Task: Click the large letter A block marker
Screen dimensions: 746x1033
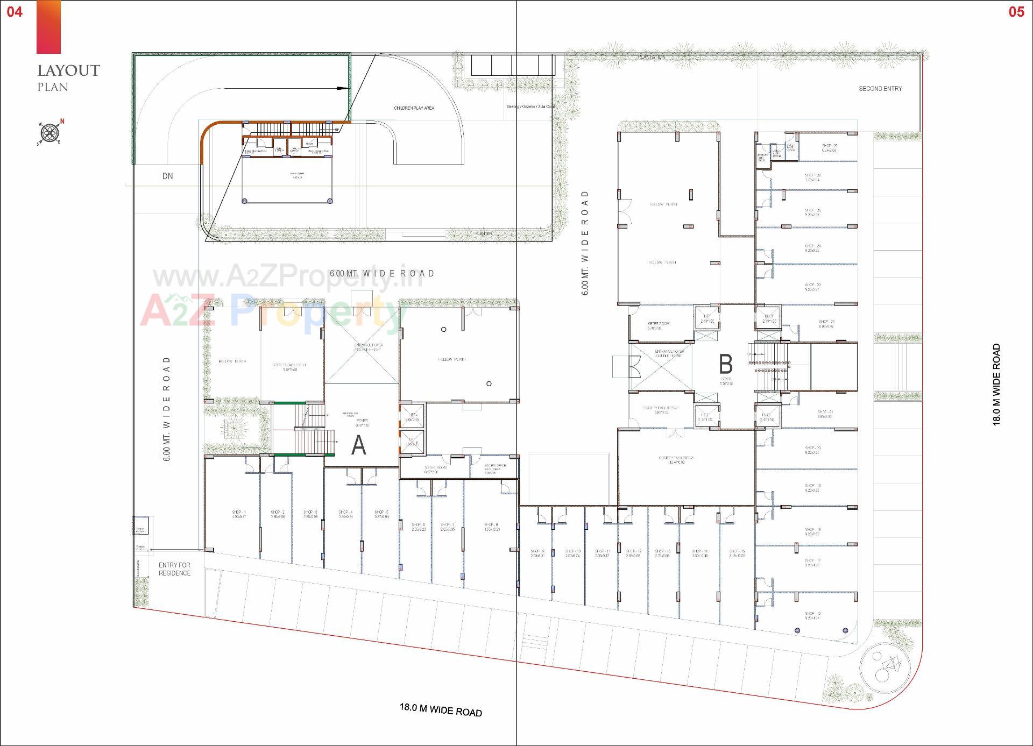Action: pos(358,446)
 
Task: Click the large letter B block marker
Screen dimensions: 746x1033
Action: pos(725,364)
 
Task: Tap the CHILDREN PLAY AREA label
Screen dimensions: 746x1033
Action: pos(414,108)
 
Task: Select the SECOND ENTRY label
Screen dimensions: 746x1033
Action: pos(880,89)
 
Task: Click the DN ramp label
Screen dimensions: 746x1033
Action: pos(167,176)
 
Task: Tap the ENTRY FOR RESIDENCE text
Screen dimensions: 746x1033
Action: pos(174,569)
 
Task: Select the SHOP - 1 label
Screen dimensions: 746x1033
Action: pos(239,513)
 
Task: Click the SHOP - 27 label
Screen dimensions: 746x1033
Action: pos(829,146)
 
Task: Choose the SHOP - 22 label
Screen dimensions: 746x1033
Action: pos(826,322)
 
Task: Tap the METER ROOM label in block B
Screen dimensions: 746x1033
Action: pos(658,324)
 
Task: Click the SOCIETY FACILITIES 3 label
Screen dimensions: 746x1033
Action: pos(676,458)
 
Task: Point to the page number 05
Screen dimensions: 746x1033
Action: pos(1016,12)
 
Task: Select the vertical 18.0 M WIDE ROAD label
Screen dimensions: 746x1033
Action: pos(996,385)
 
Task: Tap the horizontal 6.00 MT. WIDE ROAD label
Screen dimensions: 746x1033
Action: pos(382,273)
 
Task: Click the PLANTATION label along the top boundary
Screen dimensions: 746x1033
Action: pos(652,57)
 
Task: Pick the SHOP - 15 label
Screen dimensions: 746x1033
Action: pos(737,551)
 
